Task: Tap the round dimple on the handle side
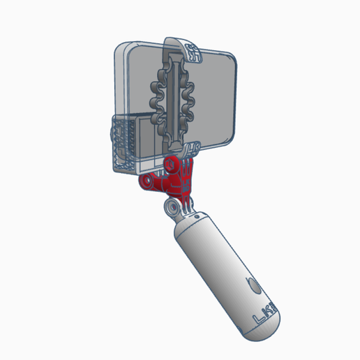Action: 253,285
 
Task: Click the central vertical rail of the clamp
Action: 174,98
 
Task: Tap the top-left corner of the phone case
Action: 121,49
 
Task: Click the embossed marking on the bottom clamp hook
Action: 195,147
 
